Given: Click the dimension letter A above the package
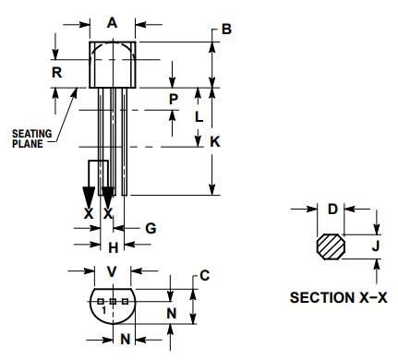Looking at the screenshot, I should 112,22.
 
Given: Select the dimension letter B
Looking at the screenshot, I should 225,30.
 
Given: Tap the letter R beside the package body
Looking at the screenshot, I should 57,71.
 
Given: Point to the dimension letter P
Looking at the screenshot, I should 174,97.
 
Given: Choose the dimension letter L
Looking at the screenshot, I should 198,116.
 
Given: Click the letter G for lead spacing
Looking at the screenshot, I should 151,227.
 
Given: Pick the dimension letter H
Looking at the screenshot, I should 112,246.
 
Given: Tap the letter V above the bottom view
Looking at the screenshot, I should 112,271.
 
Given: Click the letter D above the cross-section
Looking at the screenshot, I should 332,209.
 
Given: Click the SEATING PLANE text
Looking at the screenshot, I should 30,138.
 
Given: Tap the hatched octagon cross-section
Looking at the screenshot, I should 330,247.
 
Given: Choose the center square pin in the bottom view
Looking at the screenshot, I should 113,302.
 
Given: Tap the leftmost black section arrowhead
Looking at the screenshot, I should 89,197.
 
